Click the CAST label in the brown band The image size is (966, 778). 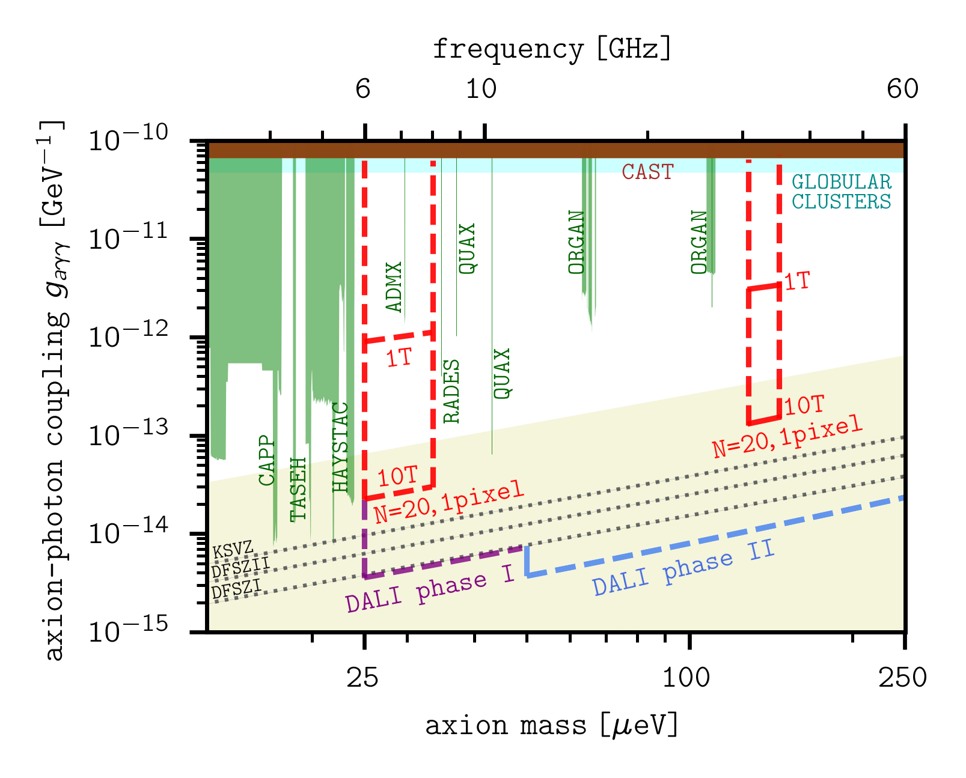click(x=647, y=172)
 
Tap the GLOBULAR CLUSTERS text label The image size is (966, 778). click(x=841, y=192)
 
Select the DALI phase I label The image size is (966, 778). click(x=430, y=591)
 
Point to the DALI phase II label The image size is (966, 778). click(x=683, y=567)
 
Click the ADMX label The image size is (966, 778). click(x=394, y=287)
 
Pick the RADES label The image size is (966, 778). click(x=451, y=391)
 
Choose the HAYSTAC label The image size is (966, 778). click(x=340, y=447)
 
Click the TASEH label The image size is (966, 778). click(x=298, y=489)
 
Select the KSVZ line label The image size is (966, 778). click(x=233, y=549)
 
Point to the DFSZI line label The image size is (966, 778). click(x=236, y=589)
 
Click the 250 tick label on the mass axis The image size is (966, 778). click(x=902, y=678)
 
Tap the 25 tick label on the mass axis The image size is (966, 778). click(x=362, y=678)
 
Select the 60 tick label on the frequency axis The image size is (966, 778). click(x=902, y=89)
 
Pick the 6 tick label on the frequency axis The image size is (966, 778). click(x=362, y=89)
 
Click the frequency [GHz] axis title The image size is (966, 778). click(x=552, y=49)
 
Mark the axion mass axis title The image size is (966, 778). click(x=552, y=726)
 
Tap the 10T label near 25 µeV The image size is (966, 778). click(x=397, y=477)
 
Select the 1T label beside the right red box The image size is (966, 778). click(x=798, y=281)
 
